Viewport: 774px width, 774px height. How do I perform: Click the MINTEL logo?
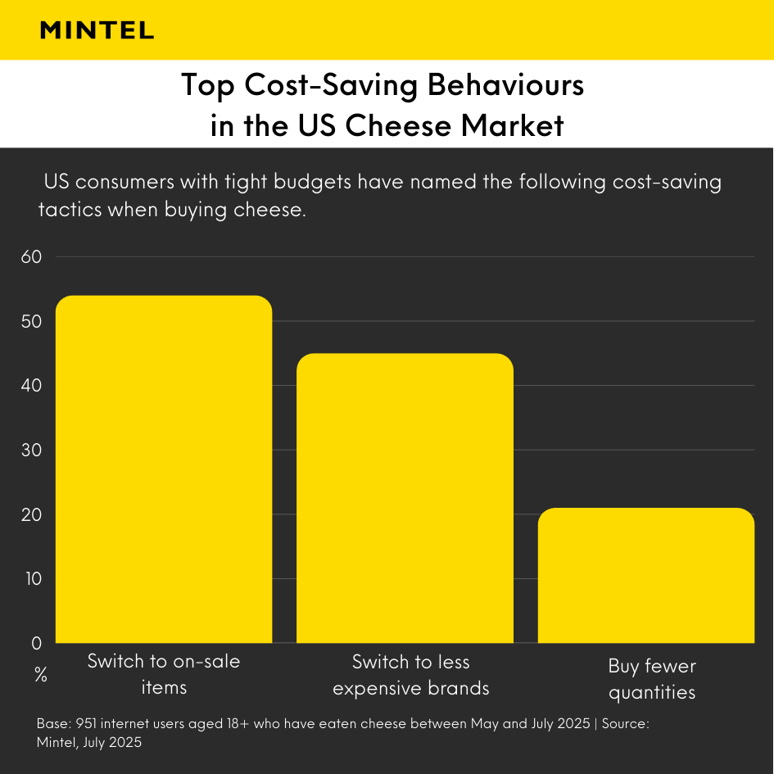pos(97,30)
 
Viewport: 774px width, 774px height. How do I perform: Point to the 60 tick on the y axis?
pos(31,257)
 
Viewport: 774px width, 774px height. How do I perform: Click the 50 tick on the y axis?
pos(31,321)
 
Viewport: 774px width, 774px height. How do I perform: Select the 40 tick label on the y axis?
pos(31,386)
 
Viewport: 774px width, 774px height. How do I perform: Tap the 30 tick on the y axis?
pos(31,450)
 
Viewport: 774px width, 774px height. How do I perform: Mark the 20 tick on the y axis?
pos(31,514)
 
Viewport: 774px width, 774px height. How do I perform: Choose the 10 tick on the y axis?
pos(31,579)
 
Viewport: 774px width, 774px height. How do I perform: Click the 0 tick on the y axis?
pos(36,644)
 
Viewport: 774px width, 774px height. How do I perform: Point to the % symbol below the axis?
pos(40,676)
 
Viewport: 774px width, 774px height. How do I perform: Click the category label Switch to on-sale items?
pos(164,674)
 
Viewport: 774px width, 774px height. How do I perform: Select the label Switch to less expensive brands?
pos(410,675)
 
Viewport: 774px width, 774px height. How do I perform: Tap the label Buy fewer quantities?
pos(652,679)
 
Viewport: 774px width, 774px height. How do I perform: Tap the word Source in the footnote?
pos(625,725)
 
